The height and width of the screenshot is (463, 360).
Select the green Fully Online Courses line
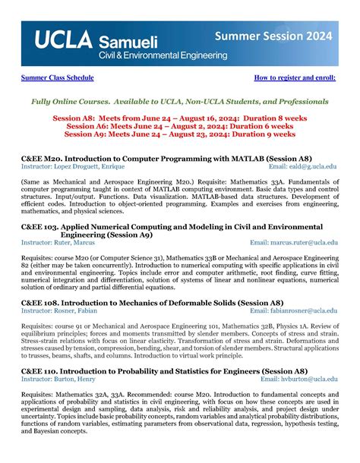click(179, 101)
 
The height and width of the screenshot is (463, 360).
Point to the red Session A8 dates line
click(179, 118)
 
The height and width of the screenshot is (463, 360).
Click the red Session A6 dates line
click(179, 126)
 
